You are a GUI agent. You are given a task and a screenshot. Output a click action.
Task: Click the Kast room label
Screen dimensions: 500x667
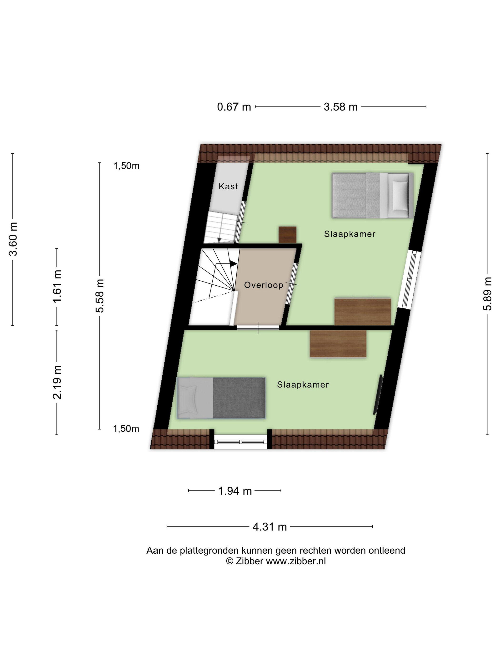click(x=228, y=186)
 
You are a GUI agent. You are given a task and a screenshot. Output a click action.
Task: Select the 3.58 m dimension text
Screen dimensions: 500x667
click(x=340, y=107)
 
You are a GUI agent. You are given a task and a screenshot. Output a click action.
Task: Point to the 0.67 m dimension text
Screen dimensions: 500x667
click(x=234, y=107)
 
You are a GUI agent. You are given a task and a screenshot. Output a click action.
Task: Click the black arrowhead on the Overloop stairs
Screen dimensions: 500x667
click(x=233, y=263)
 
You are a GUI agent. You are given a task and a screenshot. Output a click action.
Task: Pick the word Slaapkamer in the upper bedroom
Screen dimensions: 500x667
click(x=350, y=234)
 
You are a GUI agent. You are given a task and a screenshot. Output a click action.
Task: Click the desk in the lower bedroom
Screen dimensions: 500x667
click(x=338, y=344)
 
